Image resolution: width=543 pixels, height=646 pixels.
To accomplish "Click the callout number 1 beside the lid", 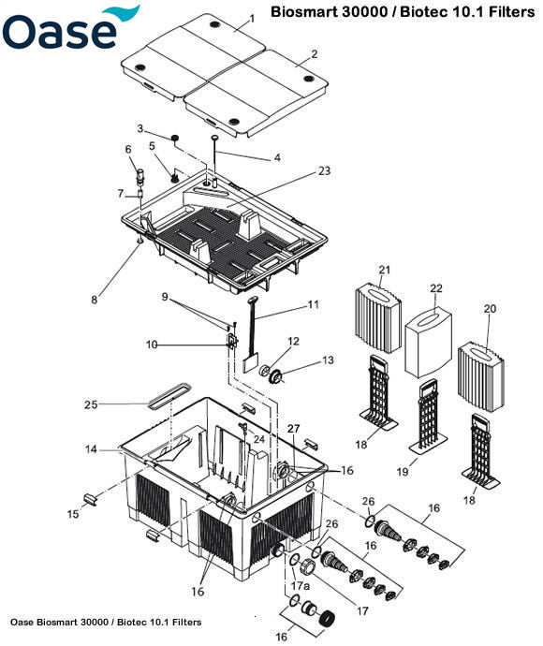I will [252, 19].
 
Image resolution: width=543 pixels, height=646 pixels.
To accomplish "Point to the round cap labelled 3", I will [175, 139].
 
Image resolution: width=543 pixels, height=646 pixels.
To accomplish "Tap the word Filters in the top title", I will [506, 14].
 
